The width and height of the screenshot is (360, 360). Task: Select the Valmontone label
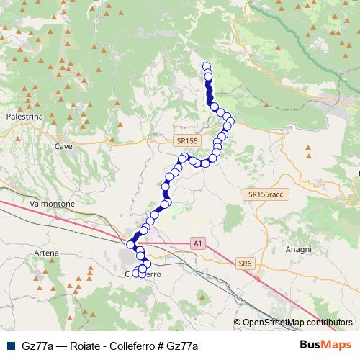52,204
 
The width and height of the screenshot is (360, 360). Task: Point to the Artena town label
46,253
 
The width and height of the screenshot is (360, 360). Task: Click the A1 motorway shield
197,244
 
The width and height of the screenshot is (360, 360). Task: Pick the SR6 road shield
244,264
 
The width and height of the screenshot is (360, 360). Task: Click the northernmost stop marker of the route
207,67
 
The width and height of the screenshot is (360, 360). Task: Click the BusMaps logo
325,346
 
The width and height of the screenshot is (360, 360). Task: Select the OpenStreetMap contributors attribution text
297,323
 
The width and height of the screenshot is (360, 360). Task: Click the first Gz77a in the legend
37,346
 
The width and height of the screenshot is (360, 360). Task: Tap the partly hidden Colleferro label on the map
148,274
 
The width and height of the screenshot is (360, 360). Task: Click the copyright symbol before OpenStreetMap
237,323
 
